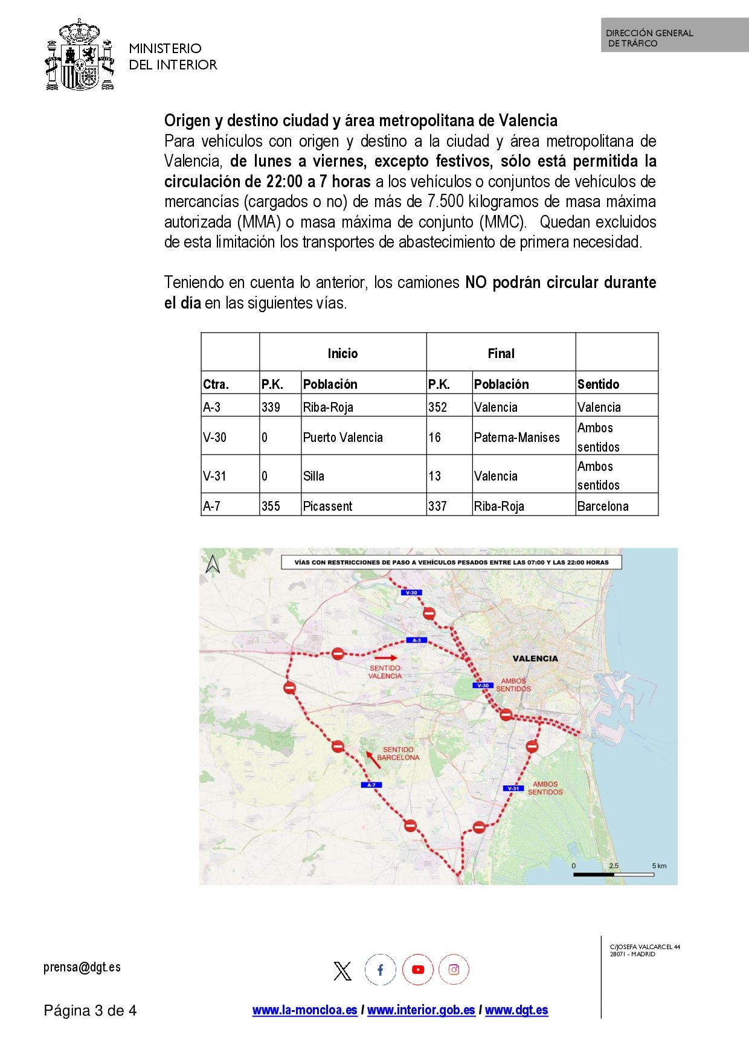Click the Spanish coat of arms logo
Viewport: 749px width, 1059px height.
[80, 56]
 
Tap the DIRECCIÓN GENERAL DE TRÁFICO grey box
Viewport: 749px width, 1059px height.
[674, 36]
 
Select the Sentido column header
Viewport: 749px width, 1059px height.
[598, 385]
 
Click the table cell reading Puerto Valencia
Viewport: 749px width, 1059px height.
[342, 438]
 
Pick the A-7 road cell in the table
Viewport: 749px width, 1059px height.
[211, 507]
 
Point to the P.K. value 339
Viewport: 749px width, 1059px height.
[271, 408]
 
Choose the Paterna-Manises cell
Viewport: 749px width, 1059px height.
[516, 438]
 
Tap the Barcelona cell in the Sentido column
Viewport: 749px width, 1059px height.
[603, 507]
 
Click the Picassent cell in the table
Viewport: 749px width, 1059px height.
[327, 507]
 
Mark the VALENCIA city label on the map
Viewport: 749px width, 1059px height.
[535, 659]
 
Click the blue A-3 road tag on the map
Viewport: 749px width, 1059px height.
[417, 640]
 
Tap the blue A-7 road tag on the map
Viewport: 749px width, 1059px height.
[371, 785]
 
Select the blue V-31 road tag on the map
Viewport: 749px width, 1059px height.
[513, 789]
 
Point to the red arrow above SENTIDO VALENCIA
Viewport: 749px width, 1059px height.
[386, 657]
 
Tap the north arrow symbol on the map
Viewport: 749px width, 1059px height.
[213, 565]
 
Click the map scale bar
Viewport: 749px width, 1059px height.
[614, 874]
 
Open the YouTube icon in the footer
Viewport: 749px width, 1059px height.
[418, 970]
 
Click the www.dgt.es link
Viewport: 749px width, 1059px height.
[516, 1010]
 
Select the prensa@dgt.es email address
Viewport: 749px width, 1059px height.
[82, 967]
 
